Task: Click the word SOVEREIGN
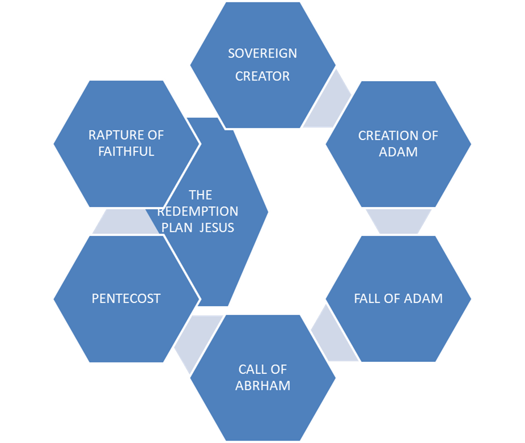pyautogui.click(x=262, y=53)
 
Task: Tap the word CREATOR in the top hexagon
pyautogui.click(x=262, y=77)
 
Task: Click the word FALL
pyautogui.click(x=367, y=298)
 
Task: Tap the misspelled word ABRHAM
pyautogui.click(x=263, y=386)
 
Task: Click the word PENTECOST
pyautogui.click(x=126, y=298)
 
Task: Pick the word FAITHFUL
pyautogui.click(x=126, y=151)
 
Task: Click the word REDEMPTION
pyautogui.click(x=198, y=212)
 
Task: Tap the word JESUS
pyautogui.click(x=217, y=228)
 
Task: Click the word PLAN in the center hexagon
pyautogui.click(x=177, y=228)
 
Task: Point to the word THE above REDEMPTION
pyautogui.click(x=201, y=195)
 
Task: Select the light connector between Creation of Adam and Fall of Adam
pyautogui.click(x=399, y=221)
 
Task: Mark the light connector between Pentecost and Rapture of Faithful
pyautogui.click(x=125, y=221)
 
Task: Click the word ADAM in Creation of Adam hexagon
pyautogui.click(x=399, y=152)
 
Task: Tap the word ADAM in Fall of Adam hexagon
pyautogui.click(x=423, y=298)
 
